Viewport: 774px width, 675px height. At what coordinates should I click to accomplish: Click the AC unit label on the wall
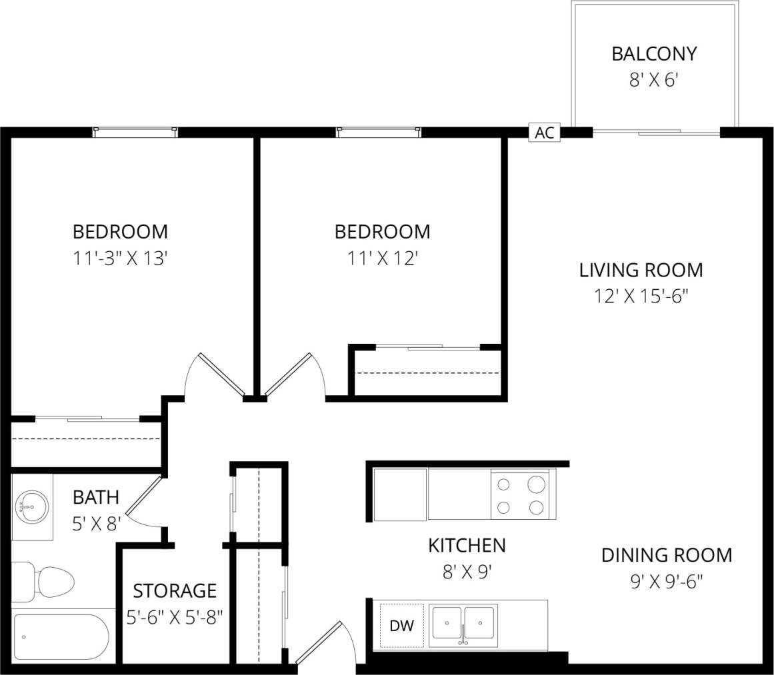tap(544, 133)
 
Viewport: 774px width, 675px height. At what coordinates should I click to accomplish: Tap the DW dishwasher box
tap(401, 626)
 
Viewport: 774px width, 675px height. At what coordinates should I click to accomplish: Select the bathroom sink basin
tap(31, 507)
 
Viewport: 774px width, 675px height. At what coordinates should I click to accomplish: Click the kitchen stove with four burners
tap(521, 494)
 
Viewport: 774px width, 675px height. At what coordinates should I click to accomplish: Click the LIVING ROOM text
tap(641, 270)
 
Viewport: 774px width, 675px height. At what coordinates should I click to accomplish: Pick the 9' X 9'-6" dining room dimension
tap(667, 582)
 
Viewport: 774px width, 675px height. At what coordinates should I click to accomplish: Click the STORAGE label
tap(174, 590)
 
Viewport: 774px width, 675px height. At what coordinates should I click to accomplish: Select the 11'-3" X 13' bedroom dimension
tap(119, 259)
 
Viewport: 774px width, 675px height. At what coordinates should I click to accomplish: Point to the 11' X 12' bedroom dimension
tap(381, 258)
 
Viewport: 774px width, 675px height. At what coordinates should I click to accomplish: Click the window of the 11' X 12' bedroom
tap(379, 132)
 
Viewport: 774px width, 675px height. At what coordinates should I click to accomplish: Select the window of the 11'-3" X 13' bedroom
tap(135, 132)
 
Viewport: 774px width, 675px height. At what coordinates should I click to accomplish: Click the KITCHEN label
tap(467, 545)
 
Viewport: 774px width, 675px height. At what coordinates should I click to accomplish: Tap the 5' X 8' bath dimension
tap(95, 524)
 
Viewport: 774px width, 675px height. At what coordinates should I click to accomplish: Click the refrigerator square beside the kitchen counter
tap(400, 494)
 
